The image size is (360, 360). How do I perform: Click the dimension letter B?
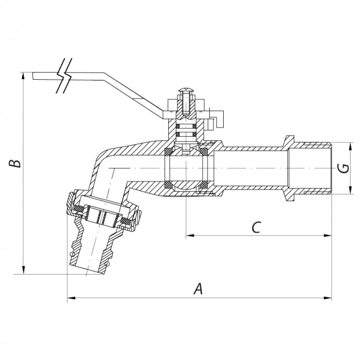point(16,164)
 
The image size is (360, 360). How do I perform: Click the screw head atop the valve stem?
point(186,93)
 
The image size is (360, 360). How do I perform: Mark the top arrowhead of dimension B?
point(24,75)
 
